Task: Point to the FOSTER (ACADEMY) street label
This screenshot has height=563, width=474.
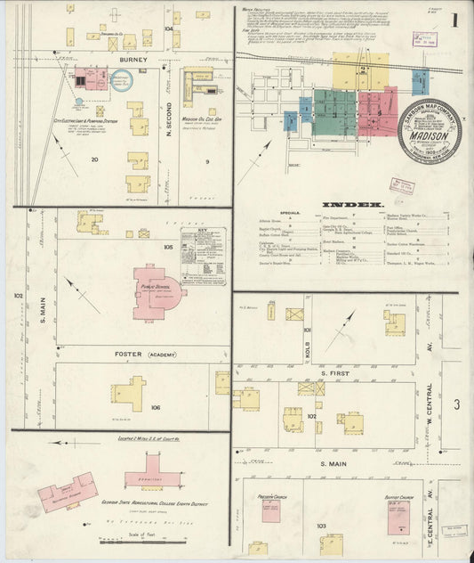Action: point(138,354)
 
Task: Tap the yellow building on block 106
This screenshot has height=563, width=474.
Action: point(127,392)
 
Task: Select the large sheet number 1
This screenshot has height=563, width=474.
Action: point(454,20)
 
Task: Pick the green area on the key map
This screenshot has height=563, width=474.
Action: point(334,111)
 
